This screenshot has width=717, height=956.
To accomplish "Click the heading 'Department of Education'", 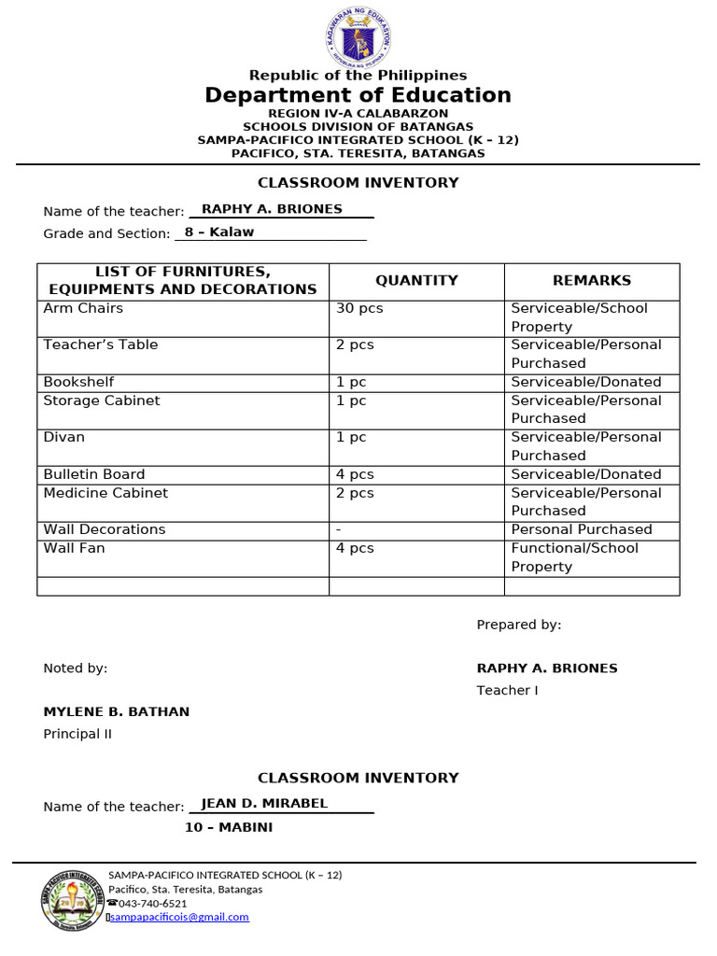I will (x=358, y=95).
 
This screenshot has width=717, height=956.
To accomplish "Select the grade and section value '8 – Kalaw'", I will (x=219, y=232).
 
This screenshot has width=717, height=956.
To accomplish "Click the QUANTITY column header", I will (x=416, y=280).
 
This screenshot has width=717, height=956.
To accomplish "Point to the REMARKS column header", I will (x=592, y=280).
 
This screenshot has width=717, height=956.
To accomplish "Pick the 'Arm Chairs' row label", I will (x=83, y=308).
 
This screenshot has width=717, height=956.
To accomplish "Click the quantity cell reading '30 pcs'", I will (x=359, y=308).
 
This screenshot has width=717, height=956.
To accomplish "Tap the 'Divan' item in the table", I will (x=63, y=437).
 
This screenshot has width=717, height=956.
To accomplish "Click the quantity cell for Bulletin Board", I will (x=355, y=474).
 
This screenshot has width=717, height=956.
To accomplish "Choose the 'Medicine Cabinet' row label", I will (x=105, y=493).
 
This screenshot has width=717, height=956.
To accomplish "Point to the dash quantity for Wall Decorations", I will (x=338, y=529).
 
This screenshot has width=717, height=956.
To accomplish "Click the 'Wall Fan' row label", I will (x=74, y=548).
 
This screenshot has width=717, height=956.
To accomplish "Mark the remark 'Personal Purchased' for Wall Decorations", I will (x=582, y=529).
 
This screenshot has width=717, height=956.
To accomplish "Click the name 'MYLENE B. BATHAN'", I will (x=116, y=711).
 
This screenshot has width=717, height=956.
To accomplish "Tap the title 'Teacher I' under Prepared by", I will (x=508, y=690).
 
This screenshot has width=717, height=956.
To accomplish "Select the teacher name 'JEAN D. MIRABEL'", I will (x=264, y=803).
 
